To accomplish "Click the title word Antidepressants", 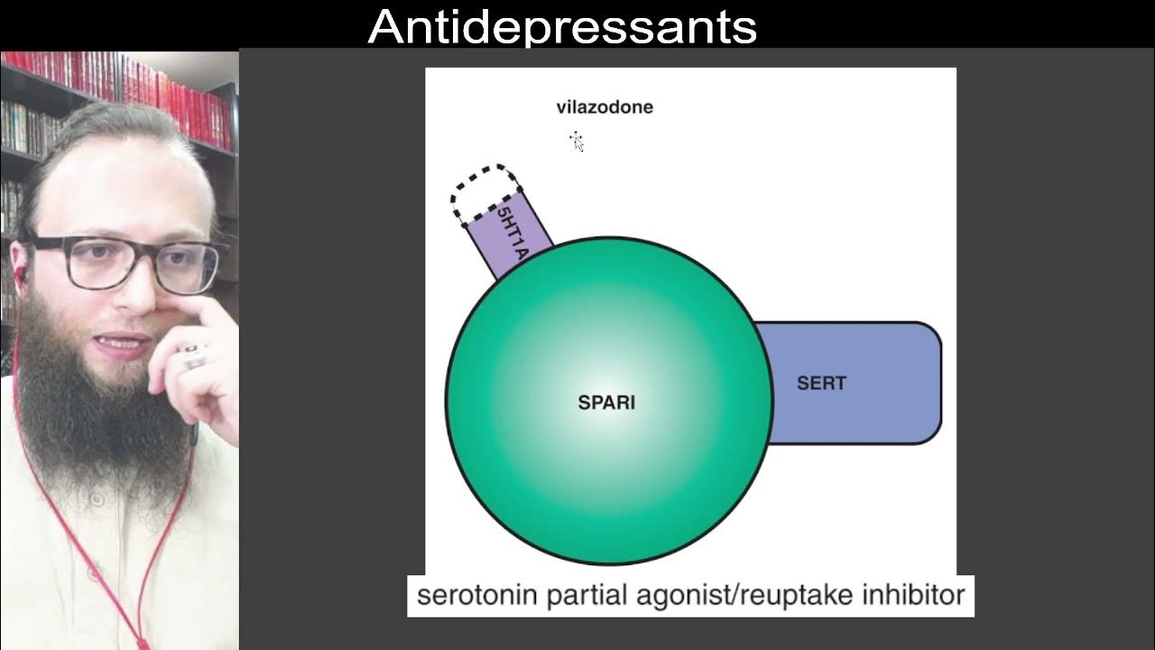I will [561, 26].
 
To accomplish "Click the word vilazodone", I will [604, 107].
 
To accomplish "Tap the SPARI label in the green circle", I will [605, 403].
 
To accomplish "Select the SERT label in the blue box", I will [821, 383].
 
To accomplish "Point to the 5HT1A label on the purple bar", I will [511, 233].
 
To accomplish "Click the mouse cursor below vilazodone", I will [577, 141].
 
